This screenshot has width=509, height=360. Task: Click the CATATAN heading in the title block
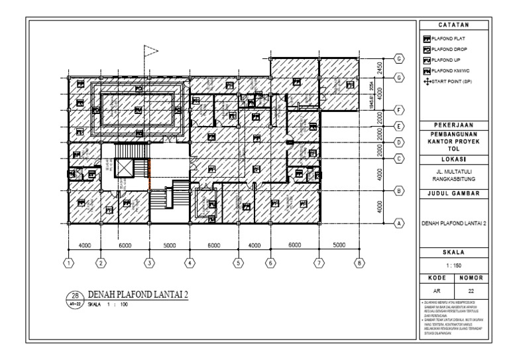tap(454, 25)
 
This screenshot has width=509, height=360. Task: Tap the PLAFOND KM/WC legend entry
tap(450, 70)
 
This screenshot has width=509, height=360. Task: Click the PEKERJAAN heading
tap(454, 125)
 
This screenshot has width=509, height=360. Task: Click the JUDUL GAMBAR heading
tap(454, 194)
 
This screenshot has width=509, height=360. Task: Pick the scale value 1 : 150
tap(454, 263)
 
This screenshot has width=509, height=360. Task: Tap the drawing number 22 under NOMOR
tap(472, 290)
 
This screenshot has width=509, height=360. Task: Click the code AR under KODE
tap(437, 290)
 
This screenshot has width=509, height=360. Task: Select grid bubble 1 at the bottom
tap(68, 263)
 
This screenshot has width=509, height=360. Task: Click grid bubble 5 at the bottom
tap(237, 263)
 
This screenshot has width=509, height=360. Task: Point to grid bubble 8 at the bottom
tap(359, 263)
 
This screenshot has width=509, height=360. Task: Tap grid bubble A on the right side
tap(399, 223)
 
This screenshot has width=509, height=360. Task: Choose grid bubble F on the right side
tap(399, 109)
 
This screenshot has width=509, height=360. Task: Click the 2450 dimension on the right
tap(380, 68)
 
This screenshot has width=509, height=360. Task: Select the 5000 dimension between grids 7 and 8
tap(339, 245)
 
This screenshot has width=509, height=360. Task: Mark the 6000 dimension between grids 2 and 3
tap(125, 245)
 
